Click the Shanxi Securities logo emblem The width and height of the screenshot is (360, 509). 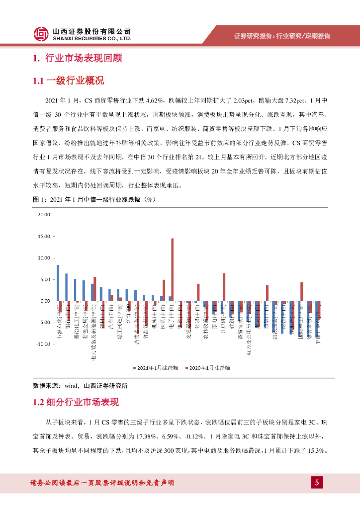[42, 33]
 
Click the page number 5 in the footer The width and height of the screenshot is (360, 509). [316, 482]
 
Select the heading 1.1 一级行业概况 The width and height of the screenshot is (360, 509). [68, 81]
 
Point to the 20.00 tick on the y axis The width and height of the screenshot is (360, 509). [44, 215]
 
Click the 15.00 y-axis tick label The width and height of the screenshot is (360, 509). [44, 237]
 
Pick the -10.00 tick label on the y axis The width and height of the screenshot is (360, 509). [43, 344]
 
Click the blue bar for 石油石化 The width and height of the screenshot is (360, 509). [58, 283]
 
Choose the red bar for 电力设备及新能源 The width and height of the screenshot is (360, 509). [95, 289]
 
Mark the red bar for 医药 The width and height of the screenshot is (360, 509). [164, 290]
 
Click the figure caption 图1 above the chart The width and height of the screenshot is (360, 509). [94, 200]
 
